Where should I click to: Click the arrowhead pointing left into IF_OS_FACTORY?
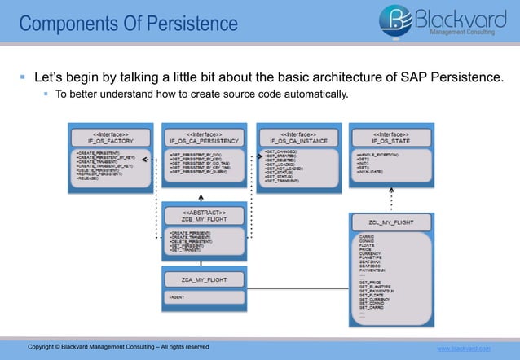click(154, 159)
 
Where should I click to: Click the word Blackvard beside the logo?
click(461, 16)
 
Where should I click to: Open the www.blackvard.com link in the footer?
click(465, 349)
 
